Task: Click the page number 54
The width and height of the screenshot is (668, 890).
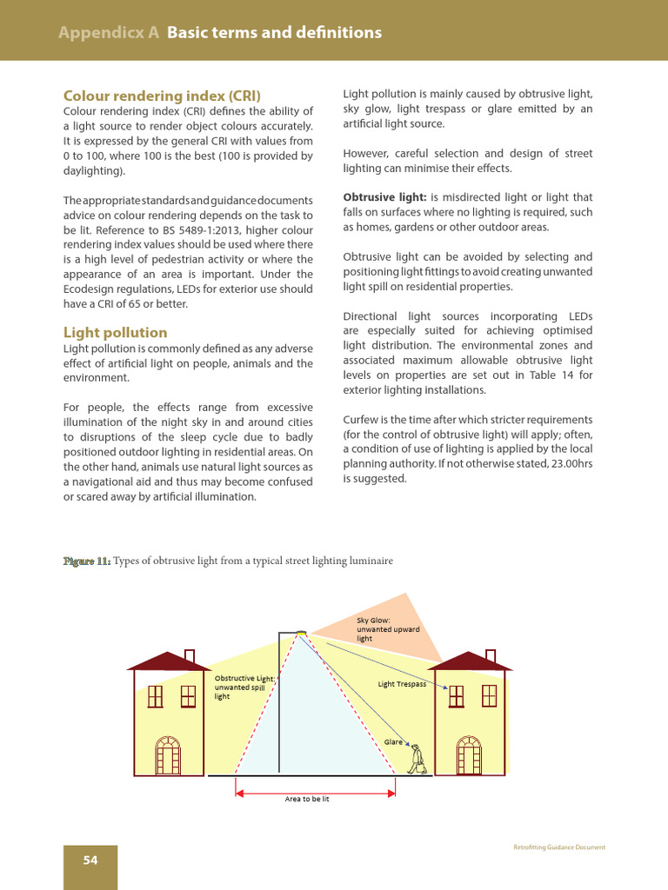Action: (90, 860)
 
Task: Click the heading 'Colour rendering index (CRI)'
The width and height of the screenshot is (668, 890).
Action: (162, 96)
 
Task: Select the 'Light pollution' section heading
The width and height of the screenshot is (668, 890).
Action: (116, 332)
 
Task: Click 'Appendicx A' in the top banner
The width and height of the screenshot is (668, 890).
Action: (109, 33)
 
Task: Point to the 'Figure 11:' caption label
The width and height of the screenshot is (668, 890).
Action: (86, 561)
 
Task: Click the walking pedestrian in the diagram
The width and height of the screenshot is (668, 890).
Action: (418, 759)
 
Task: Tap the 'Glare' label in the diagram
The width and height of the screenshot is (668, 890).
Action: (393, 741)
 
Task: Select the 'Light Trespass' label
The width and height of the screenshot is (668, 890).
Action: (402, 684)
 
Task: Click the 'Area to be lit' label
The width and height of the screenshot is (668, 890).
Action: (307, 798)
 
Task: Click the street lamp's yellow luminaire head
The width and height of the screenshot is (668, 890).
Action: (300, 632)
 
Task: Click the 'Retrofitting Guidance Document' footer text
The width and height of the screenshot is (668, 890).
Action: (559, 847)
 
